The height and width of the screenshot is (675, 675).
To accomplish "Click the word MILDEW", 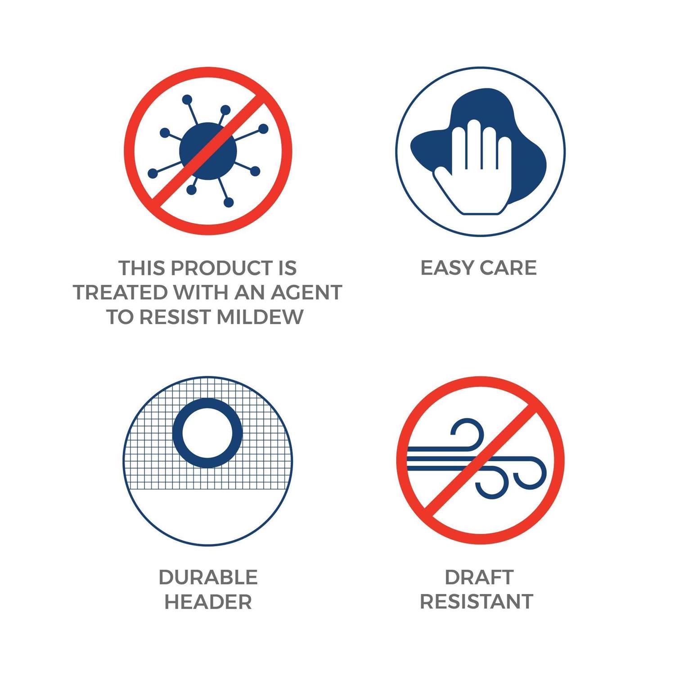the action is click(260, 317).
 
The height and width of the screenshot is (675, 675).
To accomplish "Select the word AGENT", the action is click(306, 292).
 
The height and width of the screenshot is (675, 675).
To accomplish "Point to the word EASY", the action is click(447, 268).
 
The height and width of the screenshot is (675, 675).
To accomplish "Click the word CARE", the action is click(508, 268).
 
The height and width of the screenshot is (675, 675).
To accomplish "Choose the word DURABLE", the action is click(208, 577).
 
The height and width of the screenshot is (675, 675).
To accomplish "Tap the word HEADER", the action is click(208, 602).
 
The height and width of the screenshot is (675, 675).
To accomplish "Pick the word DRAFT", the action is click(479, 577).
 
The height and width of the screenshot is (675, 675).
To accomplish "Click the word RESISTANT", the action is click(477, 602).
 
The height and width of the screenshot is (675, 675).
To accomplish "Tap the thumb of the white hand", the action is click(445, 184).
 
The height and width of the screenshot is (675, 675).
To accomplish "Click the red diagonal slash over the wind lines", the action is click(480, 460).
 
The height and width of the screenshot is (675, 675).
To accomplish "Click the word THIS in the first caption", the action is click(142, 268).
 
